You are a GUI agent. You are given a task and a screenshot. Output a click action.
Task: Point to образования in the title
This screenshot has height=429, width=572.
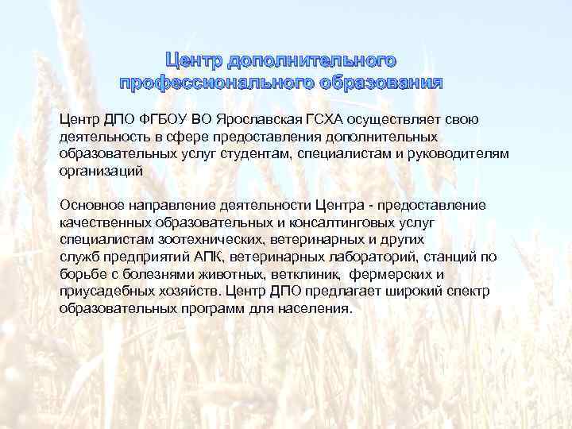pyautogui.click(x=383, y=83)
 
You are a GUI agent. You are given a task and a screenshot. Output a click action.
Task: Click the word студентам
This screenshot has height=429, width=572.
pyautogui.click(x=330, y=153)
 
